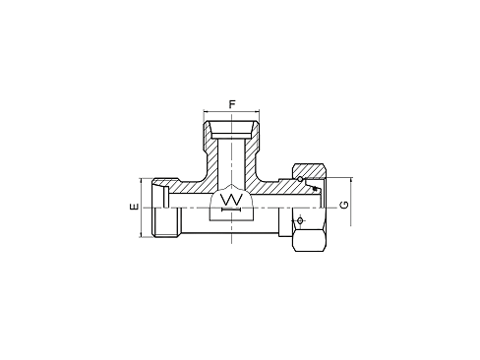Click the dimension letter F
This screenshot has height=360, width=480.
click(x=232, y=102)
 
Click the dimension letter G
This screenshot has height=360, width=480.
click(x=342, y=206)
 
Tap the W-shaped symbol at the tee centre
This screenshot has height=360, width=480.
click(x=232, y=200)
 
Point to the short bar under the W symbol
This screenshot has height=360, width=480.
click(x=232, y=210)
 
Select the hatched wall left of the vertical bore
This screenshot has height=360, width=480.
click(x=210, y=157)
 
